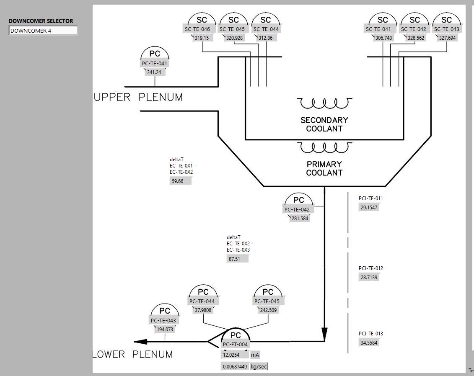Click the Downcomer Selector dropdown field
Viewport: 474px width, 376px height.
click(43, 31)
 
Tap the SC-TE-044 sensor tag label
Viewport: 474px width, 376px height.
click(266, 29)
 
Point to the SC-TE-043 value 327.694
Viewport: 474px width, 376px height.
click(447, 38)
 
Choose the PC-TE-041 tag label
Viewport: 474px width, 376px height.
click(155, 64)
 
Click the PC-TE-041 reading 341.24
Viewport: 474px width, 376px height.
click(154, 72)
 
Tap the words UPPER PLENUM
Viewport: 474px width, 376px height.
click(138, 98)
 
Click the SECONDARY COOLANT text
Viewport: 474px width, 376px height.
click(324, 124)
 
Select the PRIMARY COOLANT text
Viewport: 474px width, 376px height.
click(324, 168)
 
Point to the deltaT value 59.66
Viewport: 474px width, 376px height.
click(178, 181)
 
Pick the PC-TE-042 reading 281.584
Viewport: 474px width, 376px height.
click(300, 218)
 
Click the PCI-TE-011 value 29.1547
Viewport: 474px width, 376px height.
click(369, 208)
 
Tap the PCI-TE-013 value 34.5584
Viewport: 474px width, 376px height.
click(369, 343)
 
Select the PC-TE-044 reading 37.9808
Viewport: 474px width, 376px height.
click(203, 310)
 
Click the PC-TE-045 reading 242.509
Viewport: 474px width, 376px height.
click(268, 310)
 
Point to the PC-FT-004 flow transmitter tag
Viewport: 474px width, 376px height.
click(235, 345)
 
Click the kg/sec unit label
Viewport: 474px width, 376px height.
click(259, 367)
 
